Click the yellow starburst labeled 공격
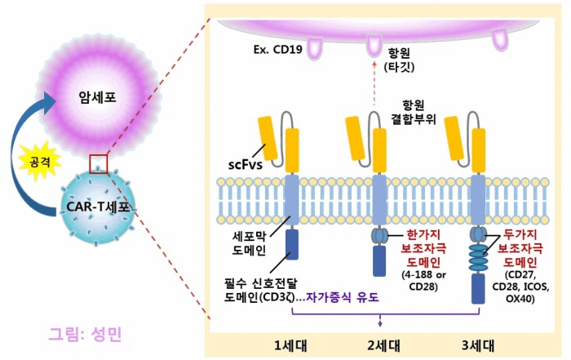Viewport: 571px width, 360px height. [x=40, y=161]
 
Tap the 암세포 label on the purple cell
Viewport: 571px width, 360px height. [x=97, y=97]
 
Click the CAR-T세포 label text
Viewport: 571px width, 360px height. [x=98, y=207]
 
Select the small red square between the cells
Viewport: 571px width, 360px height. [x=99, y=163]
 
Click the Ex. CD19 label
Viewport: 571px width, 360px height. [x=278, y=49]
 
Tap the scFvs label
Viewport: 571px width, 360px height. [x=245, y=165]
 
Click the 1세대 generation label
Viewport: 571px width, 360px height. [x=290, y=345]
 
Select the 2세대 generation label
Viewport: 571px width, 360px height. [x=383, y=345]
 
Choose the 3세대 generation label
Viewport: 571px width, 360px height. [x=478, y=345]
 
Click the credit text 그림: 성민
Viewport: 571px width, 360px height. [x=85, y=334]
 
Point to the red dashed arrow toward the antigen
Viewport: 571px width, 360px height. [x=374, y=83]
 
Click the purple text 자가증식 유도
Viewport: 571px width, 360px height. [x=343, y=298]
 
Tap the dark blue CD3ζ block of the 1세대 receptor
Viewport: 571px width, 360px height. [x=292, y=244]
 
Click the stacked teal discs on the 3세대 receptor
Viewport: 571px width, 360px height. [x=478, y=258]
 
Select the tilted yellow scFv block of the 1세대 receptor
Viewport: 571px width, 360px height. [x=268, y=138]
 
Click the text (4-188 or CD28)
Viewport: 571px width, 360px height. [x=423, y=281]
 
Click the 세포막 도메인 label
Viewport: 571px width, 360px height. [x=249, y=243]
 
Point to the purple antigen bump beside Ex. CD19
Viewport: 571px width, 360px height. [x=315, y=48]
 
